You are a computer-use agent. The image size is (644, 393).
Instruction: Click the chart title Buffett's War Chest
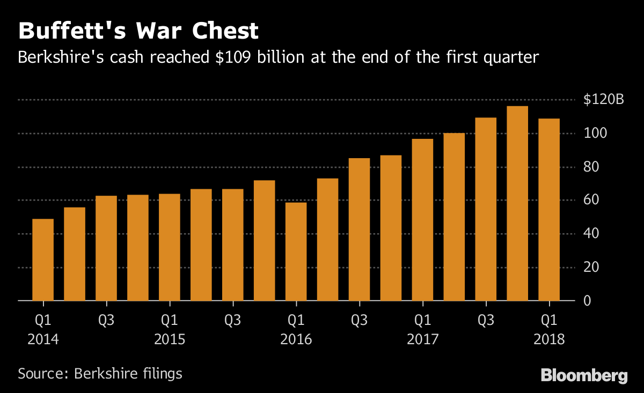tap(138, 31)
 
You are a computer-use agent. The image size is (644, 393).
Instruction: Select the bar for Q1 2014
tap(43, 260)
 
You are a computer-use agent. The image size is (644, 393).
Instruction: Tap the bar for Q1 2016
tap(296, 251)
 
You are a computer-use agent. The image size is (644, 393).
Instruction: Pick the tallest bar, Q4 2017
tap(517, 204)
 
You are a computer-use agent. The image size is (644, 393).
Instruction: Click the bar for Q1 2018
tap(549, 210)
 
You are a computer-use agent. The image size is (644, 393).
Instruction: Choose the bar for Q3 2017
tap(486, 209)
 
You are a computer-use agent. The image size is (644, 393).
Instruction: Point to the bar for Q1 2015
tap(170, 247)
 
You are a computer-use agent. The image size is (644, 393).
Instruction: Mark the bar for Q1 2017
tap(422, 220)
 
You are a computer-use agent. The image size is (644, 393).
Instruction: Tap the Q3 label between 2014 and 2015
tap(106, 321)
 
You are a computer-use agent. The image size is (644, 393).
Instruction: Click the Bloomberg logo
tap(584, 375)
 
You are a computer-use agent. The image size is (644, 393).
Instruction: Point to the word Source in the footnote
tap(39, 373)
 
